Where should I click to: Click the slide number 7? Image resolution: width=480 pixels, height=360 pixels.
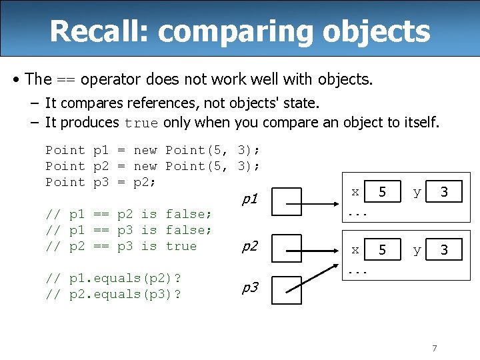(x=434, y=348)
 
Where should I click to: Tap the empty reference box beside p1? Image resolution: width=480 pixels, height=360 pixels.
(x=286, y=199)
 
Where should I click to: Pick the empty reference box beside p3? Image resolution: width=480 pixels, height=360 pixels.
(x=286, y=289)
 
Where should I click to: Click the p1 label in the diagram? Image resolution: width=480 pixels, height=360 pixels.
(x=249, y=198)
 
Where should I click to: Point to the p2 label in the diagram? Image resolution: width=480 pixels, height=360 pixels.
(x=249, y=247)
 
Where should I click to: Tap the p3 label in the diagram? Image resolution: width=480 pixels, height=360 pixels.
(x=249, y=288)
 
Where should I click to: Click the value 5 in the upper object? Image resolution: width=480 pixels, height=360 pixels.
(x=382, y=193)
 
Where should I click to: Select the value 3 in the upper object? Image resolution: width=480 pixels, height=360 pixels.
(x=444, y=193)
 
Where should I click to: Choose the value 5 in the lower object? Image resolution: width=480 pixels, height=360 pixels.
(x=382, y=251)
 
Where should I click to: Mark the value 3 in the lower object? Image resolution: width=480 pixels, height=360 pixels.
(x=444, y=251)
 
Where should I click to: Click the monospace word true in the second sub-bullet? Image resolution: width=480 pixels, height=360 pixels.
(x=141, y=123)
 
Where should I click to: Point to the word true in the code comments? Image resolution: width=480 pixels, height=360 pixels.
(x=181, y=246)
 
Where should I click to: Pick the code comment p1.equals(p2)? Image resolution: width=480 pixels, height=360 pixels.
(x=114, y=278)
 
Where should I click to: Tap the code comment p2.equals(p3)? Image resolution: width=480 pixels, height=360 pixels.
(x=114, y=294)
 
